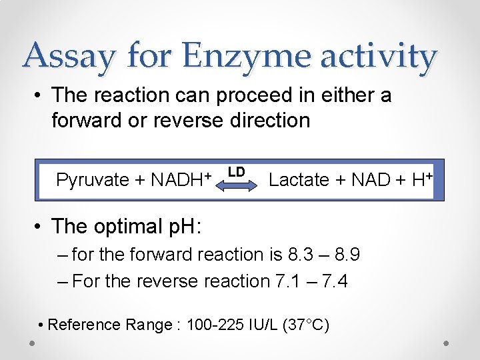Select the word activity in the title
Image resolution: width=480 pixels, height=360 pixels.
pyautogui.click(x=378, y=56)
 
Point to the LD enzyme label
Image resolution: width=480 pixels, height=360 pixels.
pyautogui.click(x=236, y=171)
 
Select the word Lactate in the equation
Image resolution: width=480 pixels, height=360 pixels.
pyautogui.click(x=299, y=180)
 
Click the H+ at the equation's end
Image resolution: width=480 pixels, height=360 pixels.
pyautogui.click(x=423, y=179)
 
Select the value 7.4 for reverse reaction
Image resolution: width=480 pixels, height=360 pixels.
pyautogui.click(x=334, y=281)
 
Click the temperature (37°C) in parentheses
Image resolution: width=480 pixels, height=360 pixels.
pyautogui.click(x=306, y=325)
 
